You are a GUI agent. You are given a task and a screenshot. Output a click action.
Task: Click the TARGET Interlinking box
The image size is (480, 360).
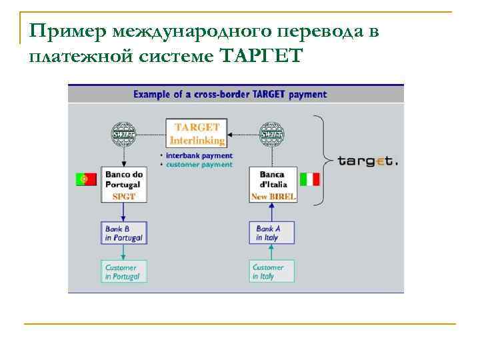(x=197, y=133)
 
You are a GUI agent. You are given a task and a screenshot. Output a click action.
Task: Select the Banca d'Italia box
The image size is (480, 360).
(x=272, y=184)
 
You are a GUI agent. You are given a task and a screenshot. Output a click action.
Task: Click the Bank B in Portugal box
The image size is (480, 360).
(x=123, y=233)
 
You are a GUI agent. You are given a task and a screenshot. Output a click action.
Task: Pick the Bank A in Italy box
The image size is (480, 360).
(x=273, y=233)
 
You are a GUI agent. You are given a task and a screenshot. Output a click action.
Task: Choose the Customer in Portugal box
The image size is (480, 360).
(x=123, y=271)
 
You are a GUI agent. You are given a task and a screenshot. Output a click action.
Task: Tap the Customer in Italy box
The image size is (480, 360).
(x=273, y=271)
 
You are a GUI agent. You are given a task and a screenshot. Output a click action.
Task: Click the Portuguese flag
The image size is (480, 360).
(x=87, y=179)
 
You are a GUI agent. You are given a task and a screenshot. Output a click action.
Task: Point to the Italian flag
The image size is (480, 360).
(x=310, y=179)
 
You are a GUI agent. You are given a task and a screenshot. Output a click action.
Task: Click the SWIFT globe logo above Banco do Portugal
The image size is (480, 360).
(x=123, y=134)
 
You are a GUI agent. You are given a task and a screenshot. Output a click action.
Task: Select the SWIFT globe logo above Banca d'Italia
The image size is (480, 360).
(x=272, y=134)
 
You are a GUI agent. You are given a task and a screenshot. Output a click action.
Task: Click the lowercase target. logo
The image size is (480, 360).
(x=367, y=161)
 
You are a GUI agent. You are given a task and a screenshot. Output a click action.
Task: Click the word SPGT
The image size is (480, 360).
(x=124, y=197)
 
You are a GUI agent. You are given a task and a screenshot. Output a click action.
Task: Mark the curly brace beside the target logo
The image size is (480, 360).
(x=323, y=160)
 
